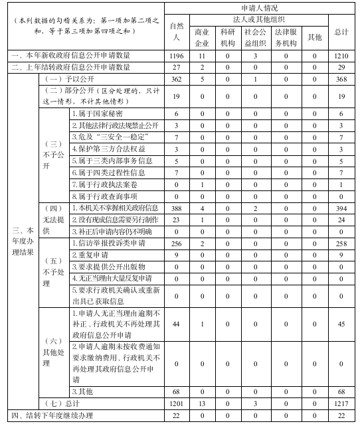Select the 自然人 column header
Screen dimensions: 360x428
pos(176,31)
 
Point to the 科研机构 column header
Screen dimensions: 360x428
pos(227,36)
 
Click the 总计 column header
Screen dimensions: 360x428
pos(342,31)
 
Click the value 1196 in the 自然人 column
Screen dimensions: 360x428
pos(176,56)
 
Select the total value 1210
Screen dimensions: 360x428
pos(342,56)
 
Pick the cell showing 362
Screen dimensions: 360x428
pos(176,80)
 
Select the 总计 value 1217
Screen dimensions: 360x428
pos(342,403)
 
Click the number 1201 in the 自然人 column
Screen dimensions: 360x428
pos(176,403)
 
